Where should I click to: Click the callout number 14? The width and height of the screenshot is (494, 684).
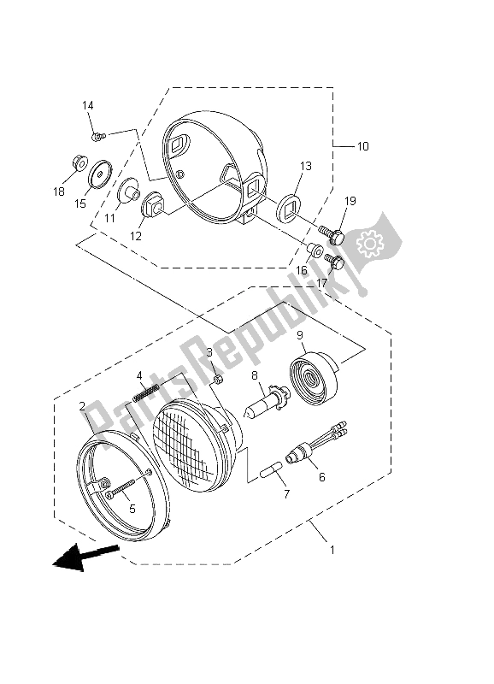point(87,106)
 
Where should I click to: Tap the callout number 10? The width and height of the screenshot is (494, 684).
point(362,146)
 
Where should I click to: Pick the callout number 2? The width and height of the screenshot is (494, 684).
point(82,406)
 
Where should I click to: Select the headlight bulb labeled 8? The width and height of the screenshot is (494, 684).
point(264,407)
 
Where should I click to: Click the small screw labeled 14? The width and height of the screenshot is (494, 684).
point(97,135)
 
